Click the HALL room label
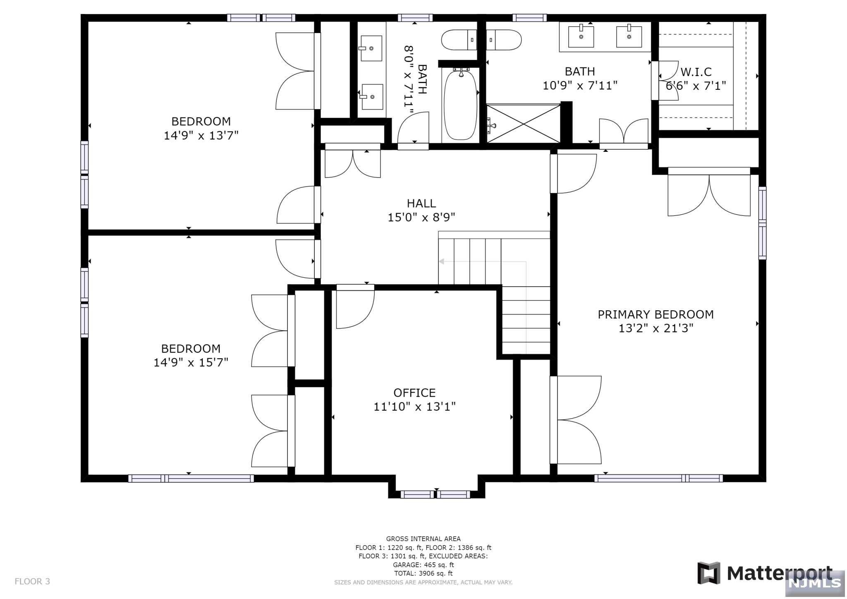(x=421, y=203)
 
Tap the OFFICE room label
(x=414, y=393)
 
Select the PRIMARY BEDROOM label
(x=656, y=314)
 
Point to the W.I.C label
(x=696, y=72)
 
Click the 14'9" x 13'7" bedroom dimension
(x=201, y=135)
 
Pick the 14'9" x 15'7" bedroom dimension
(x=191, y=362)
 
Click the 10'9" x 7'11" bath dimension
(x=580, y=85)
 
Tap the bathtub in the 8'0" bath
(x=460, y=105)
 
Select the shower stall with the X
(x=524, y=123)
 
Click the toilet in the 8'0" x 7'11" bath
(x=459, y=40)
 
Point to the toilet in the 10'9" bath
(x=503, y=40)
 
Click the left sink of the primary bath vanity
(x=581, y=37)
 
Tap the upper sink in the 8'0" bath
(x=371, y=48)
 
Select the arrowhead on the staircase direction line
(x=441, y=261)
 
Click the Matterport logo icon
(x=709, y=573)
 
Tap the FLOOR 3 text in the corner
(x=32, y=581)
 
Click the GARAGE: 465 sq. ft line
(x=423, y=565)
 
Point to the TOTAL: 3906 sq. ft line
(x=423, y=573)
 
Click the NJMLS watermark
(x=815, y=583)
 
